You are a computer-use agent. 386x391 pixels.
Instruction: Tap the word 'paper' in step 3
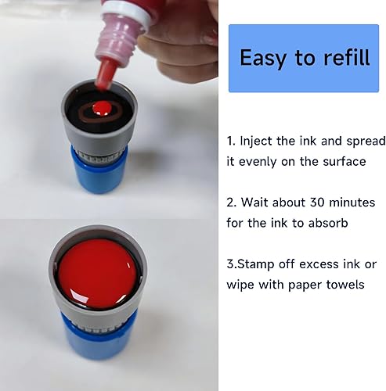point(298,285)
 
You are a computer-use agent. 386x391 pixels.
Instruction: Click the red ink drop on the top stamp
point(99,106)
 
